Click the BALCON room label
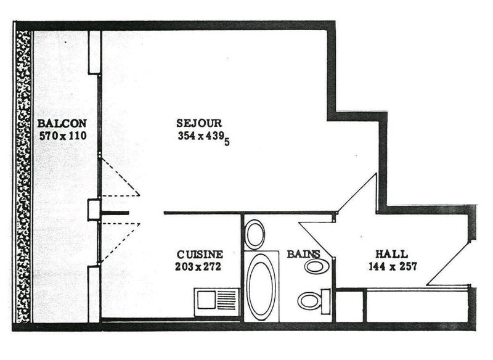click(x=62, y=123)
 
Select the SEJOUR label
click(x=198, y=123)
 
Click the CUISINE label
click(x=200, y=254)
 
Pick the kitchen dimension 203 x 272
click(x=198, y=267)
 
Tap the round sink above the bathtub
click(x=255, y=234)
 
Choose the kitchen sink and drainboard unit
click(x=216, y=301)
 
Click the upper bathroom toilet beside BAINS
click(x=316, y=266)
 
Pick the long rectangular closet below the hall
click(x=417, y=305)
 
